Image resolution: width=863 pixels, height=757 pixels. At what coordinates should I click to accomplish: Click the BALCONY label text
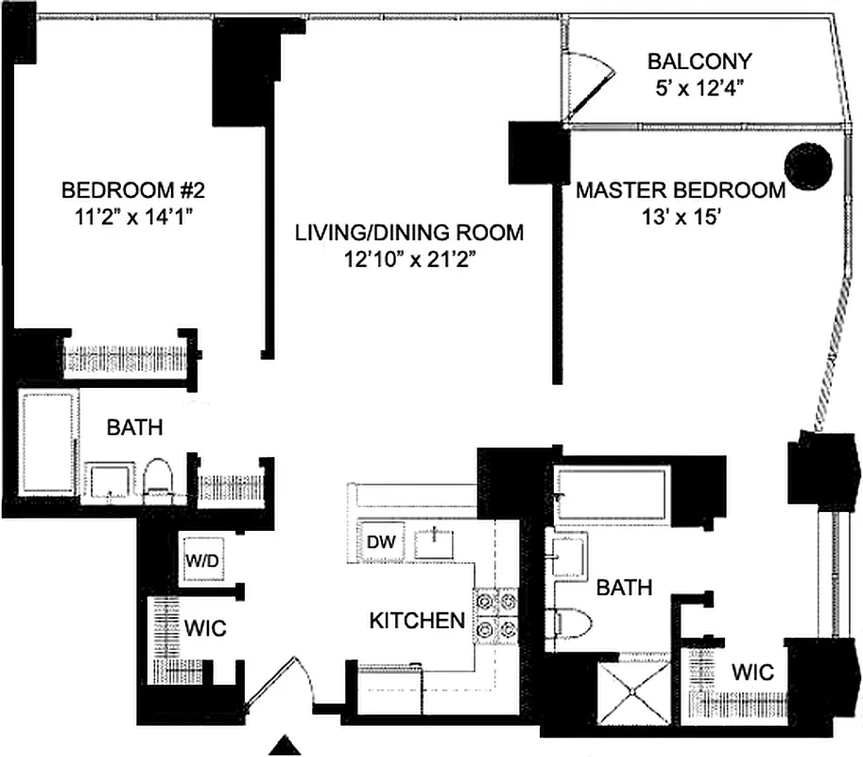point(699,62)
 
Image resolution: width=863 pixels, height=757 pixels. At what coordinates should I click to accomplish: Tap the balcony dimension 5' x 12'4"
point(699,89)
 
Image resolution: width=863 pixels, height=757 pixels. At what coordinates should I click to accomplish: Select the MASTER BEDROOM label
point(681,190)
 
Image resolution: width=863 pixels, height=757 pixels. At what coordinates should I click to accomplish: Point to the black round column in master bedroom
point(809,167)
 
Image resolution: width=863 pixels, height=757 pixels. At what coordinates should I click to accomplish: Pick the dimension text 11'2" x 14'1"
point(132,217)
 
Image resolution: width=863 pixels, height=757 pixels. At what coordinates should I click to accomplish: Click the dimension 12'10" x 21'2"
point(408,260)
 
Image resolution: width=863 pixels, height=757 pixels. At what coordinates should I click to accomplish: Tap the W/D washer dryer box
point(203,558)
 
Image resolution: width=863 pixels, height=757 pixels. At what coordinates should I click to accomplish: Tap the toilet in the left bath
point(159,476)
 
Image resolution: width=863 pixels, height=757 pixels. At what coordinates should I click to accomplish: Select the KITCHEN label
point(416,622)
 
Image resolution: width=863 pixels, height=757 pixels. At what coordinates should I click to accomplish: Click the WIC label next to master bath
point(753,673)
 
